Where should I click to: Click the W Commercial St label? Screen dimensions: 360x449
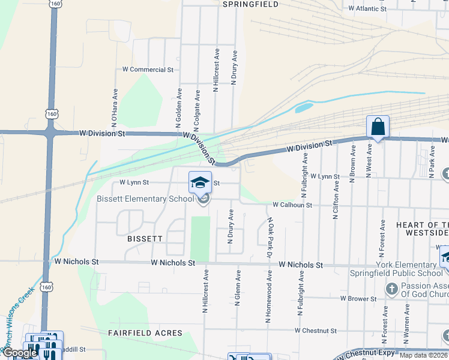click(148, 70)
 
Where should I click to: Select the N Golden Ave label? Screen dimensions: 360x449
click(178, 108)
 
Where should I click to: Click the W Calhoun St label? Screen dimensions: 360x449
click(292, 205)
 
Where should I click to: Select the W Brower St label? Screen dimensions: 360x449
click(358, 298)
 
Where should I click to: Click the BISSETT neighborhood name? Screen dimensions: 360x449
click(145, 238)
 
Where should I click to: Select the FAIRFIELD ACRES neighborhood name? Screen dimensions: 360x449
click(145, 332)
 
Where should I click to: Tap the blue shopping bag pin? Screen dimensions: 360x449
click(378, 127)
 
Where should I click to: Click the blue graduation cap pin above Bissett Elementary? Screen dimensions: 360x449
click(200, 182)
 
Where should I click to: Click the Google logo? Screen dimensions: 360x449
click(20, 353)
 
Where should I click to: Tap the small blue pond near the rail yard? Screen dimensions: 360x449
click(304, 109)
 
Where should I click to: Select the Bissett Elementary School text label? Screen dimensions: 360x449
click(146, 199)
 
